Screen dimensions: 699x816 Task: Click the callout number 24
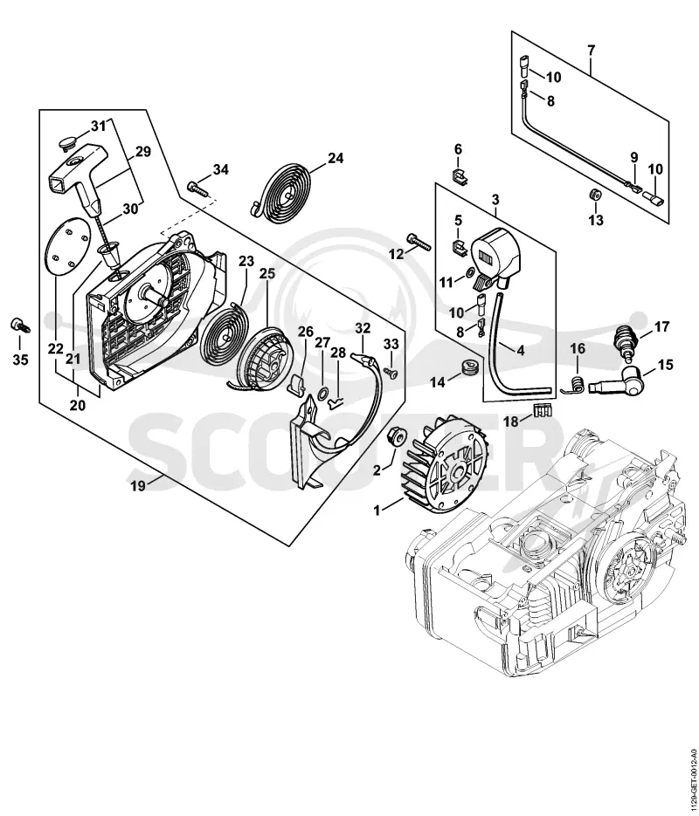[x=336, y=158]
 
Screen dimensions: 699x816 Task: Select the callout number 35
[x=20, y=360]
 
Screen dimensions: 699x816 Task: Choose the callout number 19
[x=137, y=486]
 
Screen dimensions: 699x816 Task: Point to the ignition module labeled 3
[x=496, y=258]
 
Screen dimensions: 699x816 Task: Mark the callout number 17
[x=661, y=327]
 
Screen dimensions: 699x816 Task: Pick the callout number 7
[x=591, y=51]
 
